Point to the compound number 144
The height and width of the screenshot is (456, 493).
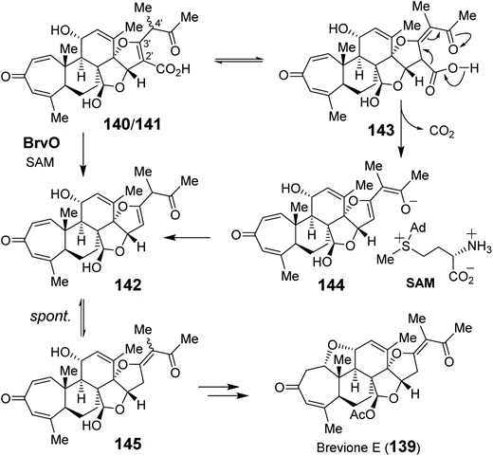click(x=331, y=285)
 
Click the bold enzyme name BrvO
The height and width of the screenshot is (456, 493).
click(x=42, y=143)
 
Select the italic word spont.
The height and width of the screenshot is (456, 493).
click(x=50, y=317)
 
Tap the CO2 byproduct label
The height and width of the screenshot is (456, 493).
click(x=442, y=131)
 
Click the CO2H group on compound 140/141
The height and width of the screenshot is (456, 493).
click(x=173, y=69)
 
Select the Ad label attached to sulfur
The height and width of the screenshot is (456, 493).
click(x=419, y=228)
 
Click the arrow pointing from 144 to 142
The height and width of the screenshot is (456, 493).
click(x=188, y=237)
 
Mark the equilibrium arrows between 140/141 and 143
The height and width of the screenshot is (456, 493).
click(x=239, y=61)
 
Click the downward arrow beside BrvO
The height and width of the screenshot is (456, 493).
click(x=83, y=155)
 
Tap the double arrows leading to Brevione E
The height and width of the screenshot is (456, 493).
click(x=222, y=391)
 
